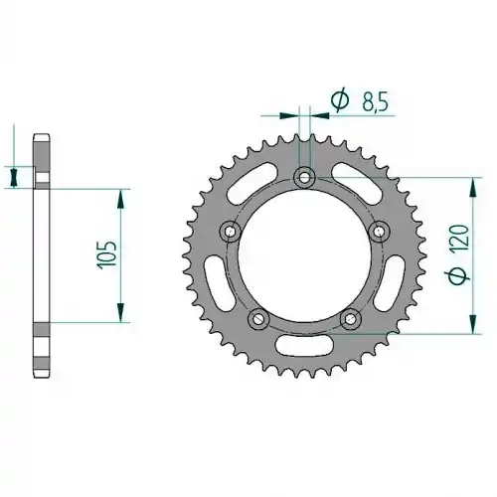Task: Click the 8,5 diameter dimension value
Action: point(375,101)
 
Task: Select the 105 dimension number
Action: point(106,253)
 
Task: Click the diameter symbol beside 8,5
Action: point(340,99)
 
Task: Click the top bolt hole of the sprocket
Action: point(304,177)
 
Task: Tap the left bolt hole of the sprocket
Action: point(231,231)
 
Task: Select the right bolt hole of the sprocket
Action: point(379,231)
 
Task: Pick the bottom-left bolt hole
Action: point(258,319)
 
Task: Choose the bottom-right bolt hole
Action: point(350,319)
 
